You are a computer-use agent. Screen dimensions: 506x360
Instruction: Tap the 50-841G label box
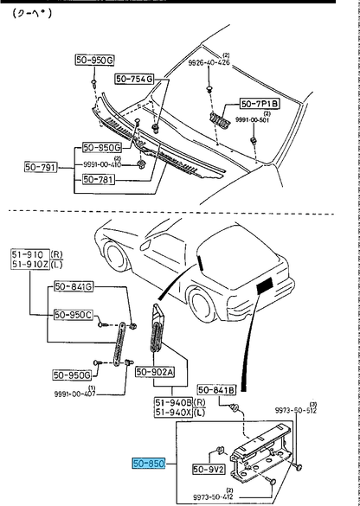pyautogui.click(x=74, y=285)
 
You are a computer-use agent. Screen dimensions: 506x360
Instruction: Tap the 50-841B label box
pyautogui.click(x=216, y=390)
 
